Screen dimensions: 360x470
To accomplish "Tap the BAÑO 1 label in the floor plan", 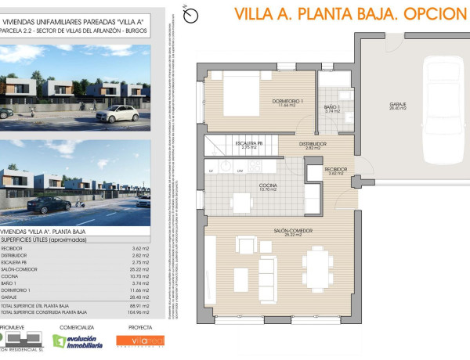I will click(x=332, y=109).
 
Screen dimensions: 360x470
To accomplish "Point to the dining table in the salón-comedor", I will click(x=318, y=266).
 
